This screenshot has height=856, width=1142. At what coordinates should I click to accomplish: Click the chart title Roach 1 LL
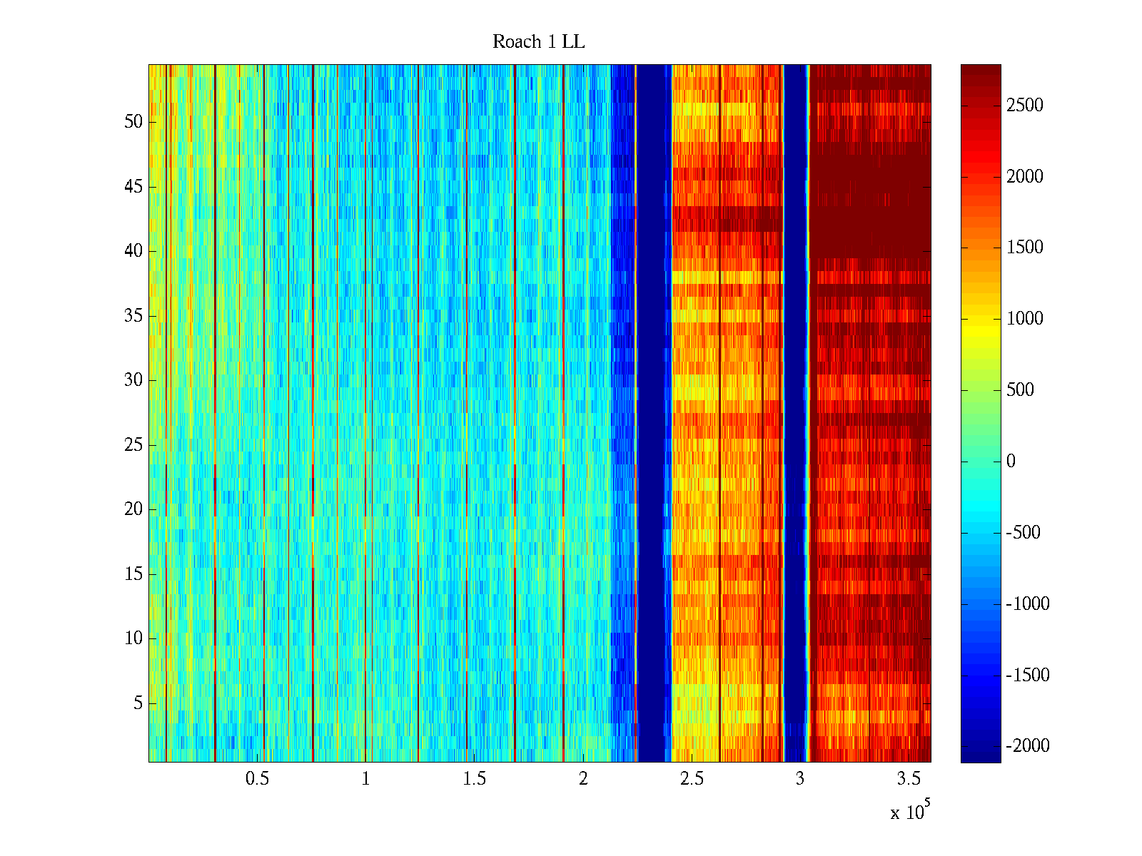click(x=538, y=42)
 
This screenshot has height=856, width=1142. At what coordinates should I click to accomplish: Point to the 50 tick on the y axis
click(x=133, y=122)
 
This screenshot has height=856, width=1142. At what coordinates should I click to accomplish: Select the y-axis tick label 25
click(x=133, y=445)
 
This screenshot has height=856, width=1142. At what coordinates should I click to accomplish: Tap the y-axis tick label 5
click(x=138, y=703)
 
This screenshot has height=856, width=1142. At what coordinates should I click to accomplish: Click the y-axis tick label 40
click(x=133, y=251)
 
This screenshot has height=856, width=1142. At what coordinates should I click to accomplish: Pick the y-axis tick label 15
click(x=133, y=574)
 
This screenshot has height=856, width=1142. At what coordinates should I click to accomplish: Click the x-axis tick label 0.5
click(x=257, y=779)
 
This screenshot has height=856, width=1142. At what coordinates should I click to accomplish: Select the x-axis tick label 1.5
click(x=475, y=779)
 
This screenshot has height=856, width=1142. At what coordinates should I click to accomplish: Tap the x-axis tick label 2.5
click(x=692, y=779)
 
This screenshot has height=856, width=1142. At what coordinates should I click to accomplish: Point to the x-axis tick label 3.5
click(x=909, y=779)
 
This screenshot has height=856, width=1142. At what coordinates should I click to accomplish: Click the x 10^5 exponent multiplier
click(x=909, y=812)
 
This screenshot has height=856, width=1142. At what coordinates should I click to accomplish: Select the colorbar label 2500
click(x=1024, y=106)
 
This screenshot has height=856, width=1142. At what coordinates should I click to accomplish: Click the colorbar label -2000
click(x=1027, y=746)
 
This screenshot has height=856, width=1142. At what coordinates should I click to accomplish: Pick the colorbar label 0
click(x=1011, y=462)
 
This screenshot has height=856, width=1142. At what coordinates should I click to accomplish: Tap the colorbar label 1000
click(x=1024, y=319)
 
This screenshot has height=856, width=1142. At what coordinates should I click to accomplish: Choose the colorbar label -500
click(x=1023, y=533)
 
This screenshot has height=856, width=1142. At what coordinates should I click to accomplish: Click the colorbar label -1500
click(x=1027, y=675)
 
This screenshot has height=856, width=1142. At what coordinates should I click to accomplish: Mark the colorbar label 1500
click(x=1024, y=248)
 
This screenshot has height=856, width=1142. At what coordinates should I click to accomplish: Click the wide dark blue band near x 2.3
click(x=653, y=414)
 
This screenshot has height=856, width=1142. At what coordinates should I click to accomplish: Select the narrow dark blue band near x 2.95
click(x=795, y=414)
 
